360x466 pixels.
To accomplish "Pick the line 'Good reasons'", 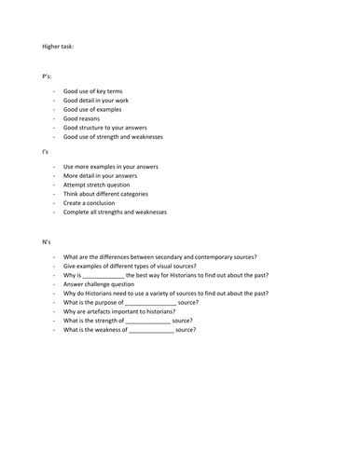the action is (82, 119).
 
